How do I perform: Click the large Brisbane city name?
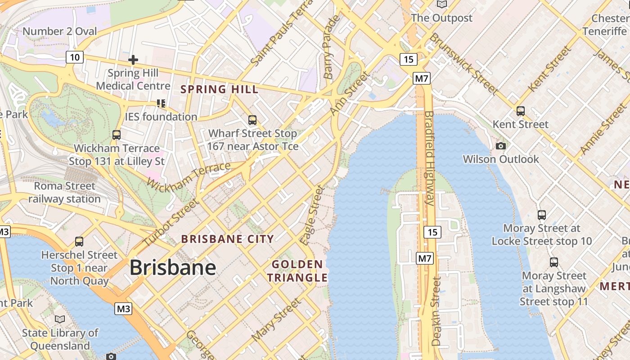(173, 268)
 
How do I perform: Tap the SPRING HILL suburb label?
(220, 89)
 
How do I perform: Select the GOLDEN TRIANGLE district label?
(297, 271)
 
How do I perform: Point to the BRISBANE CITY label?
(227, 239)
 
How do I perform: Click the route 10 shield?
(75, 57)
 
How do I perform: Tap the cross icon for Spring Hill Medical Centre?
(133, 59)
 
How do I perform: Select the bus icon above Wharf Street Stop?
(252, 120)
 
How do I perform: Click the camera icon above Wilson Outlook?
(500, 146)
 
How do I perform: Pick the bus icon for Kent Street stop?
(521, 111)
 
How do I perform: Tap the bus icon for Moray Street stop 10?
(542, 215)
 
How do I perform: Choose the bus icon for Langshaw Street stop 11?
(554, 262)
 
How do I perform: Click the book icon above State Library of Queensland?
(60, 319)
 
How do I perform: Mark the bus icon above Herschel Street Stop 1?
(79, 242)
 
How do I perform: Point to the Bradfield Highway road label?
(429, 158)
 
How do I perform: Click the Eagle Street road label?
(313, 215)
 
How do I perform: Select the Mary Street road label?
(276, 320)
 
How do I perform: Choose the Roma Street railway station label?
(65, 192)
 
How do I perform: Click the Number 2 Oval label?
(60, 31)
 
